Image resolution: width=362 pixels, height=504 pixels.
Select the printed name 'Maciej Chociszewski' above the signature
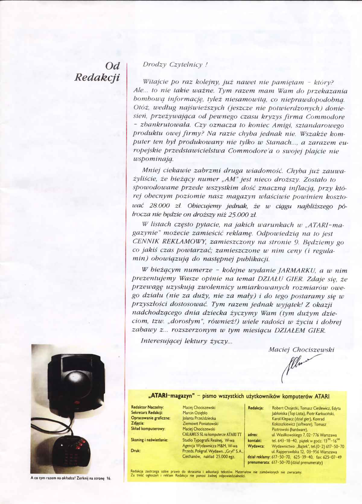click(x=301, y=349)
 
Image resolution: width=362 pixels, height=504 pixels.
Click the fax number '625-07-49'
click(x=332, y=457)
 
